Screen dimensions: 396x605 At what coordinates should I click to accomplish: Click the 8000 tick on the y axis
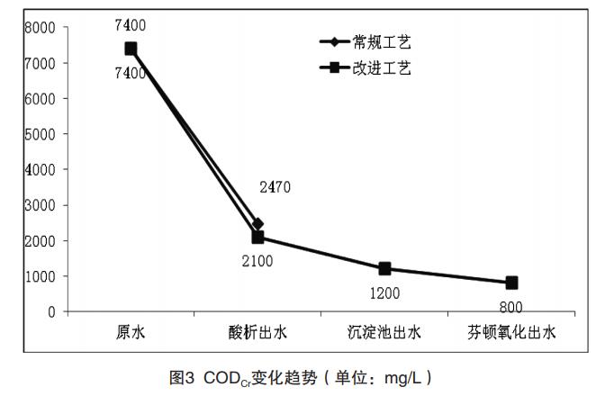point(41,27)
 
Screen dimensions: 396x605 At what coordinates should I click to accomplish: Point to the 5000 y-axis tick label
point(41,134)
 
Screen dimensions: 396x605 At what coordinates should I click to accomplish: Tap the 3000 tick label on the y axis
point(41,205)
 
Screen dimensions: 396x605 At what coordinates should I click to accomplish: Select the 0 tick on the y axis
point(52,311)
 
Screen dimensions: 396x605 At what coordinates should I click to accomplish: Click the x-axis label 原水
point(131,333)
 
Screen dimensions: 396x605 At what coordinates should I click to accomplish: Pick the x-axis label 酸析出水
point(257,333)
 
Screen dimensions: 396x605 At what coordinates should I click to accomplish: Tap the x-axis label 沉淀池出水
point(384,333)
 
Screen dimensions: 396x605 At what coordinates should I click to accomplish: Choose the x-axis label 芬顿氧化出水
point(511,333)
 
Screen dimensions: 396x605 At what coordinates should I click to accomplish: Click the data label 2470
point(274,187)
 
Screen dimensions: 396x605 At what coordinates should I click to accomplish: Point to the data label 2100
point(256,261)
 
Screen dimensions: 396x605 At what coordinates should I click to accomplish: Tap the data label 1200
point(384,292)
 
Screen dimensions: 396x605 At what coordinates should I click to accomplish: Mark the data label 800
point(510,306)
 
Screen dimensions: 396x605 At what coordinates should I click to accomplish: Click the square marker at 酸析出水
point(257,237)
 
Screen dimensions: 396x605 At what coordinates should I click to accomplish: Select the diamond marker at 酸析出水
point(257,224)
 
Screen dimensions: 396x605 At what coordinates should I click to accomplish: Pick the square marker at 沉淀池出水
point(384,268)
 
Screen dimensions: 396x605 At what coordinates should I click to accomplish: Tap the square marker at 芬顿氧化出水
point(511,283)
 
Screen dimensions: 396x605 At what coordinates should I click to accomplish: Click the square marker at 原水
point(131,49)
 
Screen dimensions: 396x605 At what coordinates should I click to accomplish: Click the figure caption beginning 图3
point(302,376)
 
